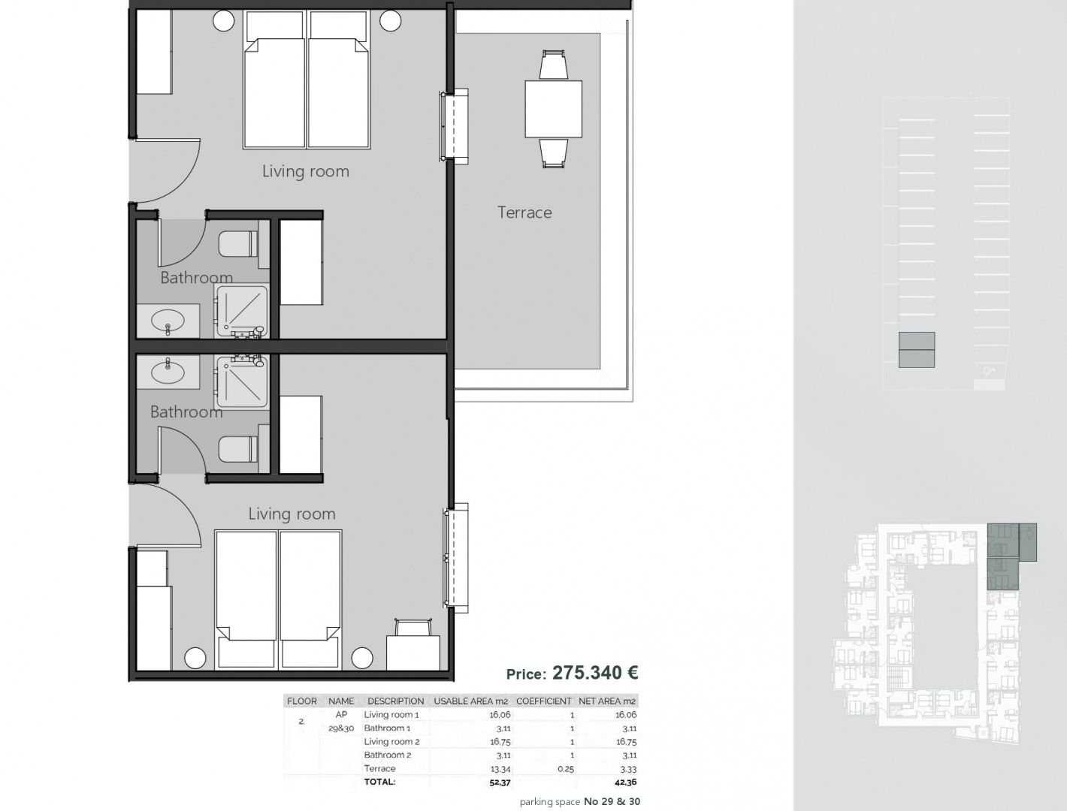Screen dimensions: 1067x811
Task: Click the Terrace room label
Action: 524,213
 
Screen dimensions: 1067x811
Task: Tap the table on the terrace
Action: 553,110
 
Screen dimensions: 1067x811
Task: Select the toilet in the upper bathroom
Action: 237,244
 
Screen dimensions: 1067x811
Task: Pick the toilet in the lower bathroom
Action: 237,449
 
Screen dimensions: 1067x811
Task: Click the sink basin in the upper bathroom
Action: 168,321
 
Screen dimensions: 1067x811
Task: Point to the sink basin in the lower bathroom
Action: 168,372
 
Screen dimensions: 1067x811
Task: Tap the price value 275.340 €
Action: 595,673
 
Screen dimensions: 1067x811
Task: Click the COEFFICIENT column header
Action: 544,701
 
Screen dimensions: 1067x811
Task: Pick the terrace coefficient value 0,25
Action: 566,769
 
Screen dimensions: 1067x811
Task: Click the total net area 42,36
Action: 625,782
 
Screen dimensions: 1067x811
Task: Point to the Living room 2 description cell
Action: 391,742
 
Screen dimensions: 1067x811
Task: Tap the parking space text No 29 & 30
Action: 612,802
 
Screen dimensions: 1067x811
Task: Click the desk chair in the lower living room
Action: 413,627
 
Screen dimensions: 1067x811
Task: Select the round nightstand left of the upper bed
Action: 224,21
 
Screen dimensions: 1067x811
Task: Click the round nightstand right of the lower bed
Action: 362,658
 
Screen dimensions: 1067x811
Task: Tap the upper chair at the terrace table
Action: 553,65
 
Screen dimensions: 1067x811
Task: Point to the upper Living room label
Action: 306,171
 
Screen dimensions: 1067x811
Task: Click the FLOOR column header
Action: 302,701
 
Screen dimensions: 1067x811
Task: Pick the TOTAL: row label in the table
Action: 379,782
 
